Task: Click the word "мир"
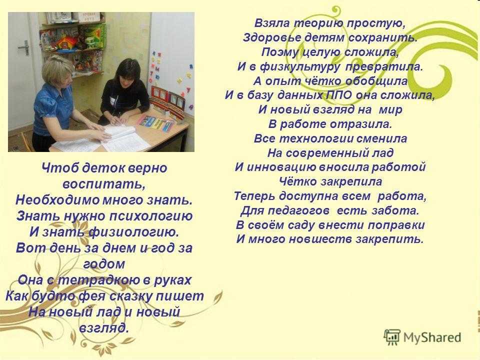coord(390,109)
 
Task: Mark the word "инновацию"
coord(281,167)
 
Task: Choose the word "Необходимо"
coord(57,200)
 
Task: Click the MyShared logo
coord(423,337)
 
